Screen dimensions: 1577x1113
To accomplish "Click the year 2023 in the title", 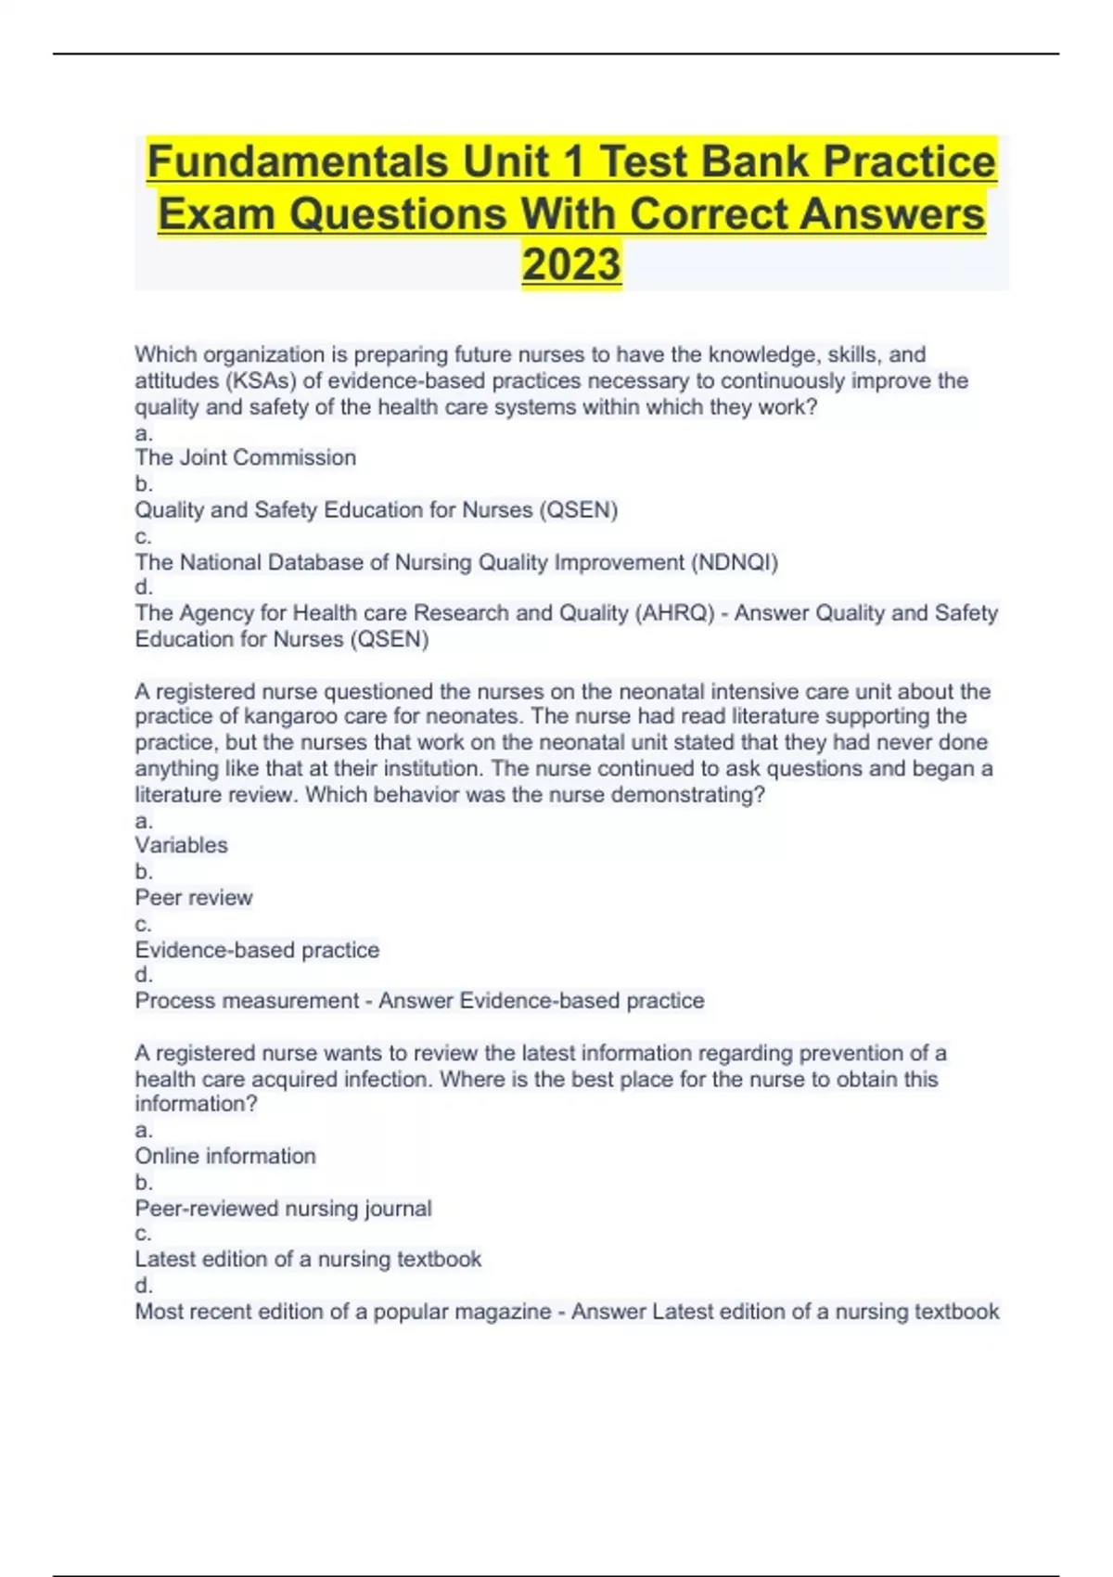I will click(571, 264).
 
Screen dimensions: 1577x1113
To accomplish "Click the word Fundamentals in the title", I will click(298, 162).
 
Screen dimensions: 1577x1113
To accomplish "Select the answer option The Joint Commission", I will click(245, 457).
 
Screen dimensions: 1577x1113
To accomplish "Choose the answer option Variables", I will click(181, 845).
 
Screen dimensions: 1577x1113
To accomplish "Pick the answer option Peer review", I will click(193, 897).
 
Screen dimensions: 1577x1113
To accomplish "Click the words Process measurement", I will click(247, 1001).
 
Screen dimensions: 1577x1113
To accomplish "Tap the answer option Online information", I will click(225, 1156).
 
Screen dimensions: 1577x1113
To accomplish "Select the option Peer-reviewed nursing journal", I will click(283, 1208).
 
